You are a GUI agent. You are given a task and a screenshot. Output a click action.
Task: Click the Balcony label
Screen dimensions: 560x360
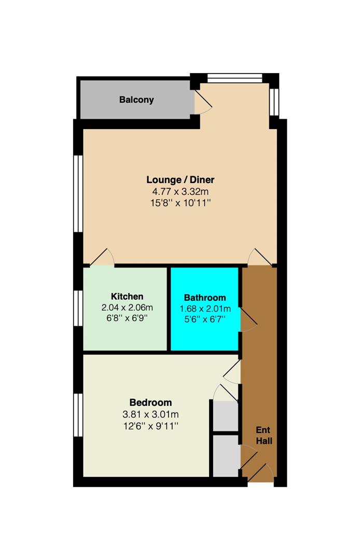(x=136, y=100)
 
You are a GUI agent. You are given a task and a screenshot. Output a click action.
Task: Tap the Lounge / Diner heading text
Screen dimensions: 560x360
(x=180, y=180)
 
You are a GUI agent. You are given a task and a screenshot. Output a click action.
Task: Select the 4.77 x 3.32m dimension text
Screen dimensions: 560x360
(x=180, y=191)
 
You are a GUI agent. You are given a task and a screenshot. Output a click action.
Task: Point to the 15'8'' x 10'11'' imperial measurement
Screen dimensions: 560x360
(x=180, y=202)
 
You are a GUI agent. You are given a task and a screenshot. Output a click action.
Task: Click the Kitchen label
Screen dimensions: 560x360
(x=127, y=296)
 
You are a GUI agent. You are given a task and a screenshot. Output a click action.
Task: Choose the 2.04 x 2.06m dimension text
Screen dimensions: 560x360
(x=127, y=307)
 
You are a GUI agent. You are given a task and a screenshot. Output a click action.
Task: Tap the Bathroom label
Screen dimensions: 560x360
(x=205, y=298)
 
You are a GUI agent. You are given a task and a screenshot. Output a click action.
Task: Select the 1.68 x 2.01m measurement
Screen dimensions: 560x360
(x=205, y=309)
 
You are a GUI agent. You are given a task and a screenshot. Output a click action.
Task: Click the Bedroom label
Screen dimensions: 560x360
(x=150, y=402)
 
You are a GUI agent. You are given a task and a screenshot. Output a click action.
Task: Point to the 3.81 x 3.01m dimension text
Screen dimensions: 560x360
(x=150, y=414)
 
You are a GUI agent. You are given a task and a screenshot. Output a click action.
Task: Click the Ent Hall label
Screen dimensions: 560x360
(x=264, y=436)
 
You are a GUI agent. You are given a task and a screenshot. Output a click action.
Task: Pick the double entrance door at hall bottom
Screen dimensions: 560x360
(x=258, y=469)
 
